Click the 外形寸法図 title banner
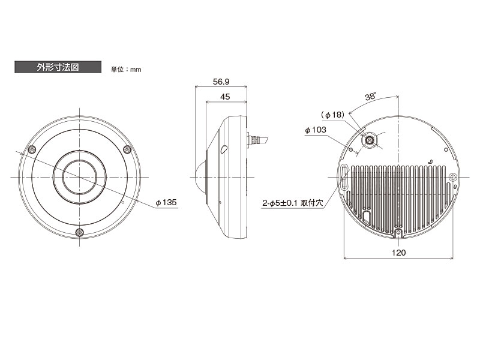pos(58,67)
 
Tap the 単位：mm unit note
pos(126,70)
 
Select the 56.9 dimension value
pos(221,82)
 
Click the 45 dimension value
pos(225,97)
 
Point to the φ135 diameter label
pos(166,202)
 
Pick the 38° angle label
pos(370,97)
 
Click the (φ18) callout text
pos(333,115)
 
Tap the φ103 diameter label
pos(316,130)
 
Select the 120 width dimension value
pos(398,253)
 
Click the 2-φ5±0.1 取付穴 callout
pos(293,203)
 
